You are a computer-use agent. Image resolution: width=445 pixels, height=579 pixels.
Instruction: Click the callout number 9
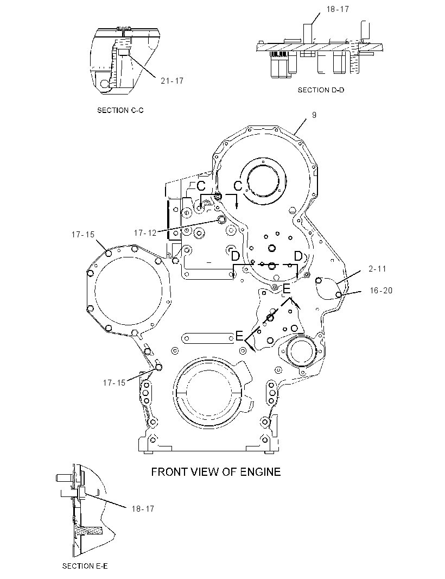[314, 115]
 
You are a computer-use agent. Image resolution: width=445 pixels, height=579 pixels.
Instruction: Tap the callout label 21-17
[172, 80]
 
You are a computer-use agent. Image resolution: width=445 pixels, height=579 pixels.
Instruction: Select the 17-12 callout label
[145, 232]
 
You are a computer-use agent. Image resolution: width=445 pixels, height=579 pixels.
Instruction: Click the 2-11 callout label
[377, 269]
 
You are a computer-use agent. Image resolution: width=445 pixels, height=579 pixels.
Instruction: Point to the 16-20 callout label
[381, 291]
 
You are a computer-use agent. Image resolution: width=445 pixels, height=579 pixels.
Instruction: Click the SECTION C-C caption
[120, 110]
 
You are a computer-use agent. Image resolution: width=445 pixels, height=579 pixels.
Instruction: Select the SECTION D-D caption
[321, 90]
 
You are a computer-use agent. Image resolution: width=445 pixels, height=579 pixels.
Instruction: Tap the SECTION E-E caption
[85, 566]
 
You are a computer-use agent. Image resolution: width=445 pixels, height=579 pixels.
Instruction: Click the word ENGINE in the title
[260, 471]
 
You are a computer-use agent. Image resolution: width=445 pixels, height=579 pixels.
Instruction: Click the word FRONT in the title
[168, 471]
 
